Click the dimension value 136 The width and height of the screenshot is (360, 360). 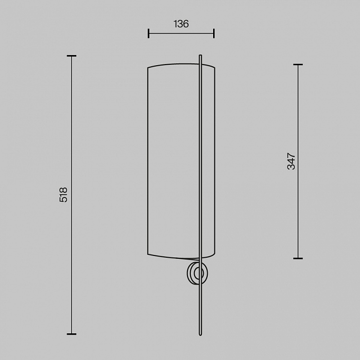(x=181, y=24)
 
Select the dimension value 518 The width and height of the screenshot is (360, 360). (x=63, y=195)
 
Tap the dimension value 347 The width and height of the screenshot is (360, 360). (x=291, y=161)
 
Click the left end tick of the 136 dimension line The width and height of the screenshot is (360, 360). (x=148, y=34)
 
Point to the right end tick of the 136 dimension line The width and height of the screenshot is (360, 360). (x=214, y=34)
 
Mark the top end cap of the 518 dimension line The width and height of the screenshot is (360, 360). (x=72, y=56)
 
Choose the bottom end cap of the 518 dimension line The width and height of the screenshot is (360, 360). (x=72, y=334)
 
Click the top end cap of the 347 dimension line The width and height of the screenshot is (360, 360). (x=298, y=65)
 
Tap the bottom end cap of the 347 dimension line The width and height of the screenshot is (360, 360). (x=298, y=258)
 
